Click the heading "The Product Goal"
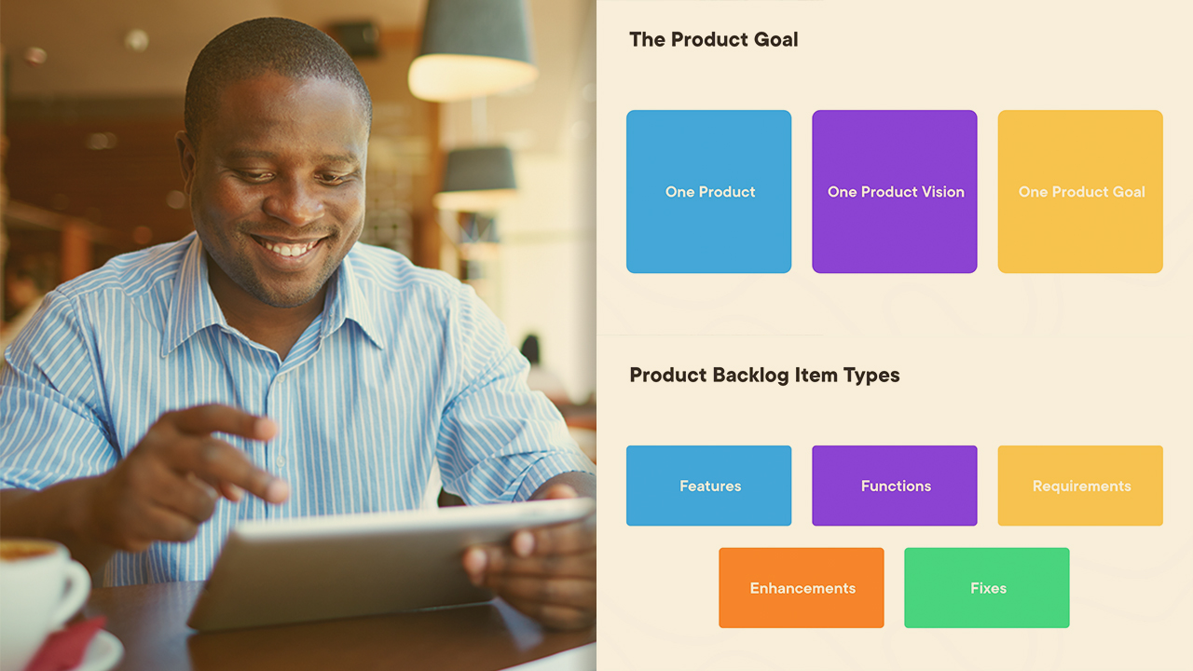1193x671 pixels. pyautogui.click(x=714, y=39)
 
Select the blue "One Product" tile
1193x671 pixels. pyautogui.click(x=709, y=192)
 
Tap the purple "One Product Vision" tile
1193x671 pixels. pyautogui.click(x=895, y=192)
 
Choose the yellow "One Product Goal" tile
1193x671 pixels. pyautogui.click(x=1080, y=192)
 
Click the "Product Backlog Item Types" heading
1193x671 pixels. pyautogui.click(x=765, y=376)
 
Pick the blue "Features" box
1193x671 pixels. pyautogui.click(x=709, y=486)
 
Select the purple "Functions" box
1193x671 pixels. pyautogui.click(x=895, y=486)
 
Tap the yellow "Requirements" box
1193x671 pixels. pyautogui.click(x=1080, y=486)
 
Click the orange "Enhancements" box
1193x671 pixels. pyautogui.click(x=802, y=588)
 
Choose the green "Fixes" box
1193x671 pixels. pyautogui.click(x=987, y=588)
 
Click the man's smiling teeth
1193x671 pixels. pyautogui.click(x=286, y=247)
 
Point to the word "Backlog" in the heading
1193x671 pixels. pyautogui.click(x=750, y=376)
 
